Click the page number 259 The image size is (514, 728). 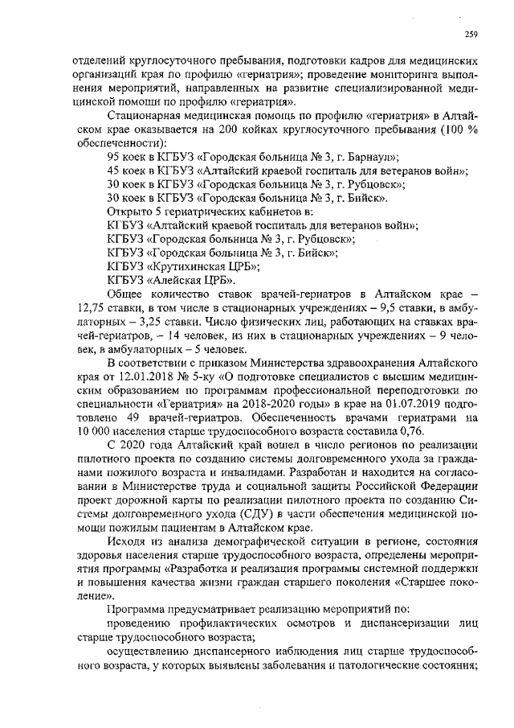click(472, 33)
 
